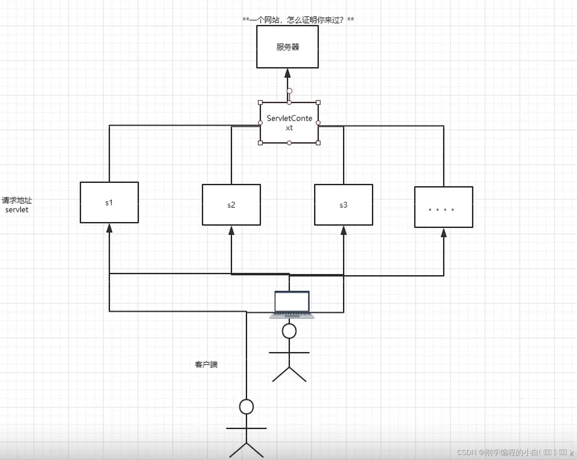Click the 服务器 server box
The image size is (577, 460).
click(287, 47)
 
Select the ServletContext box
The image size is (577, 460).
click(289, 123)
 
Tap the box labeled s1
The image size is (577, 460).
click(109, 202)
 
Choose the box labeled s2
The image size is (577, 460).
click(231, 205)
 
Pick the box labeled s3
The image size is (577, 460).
click(343, 205)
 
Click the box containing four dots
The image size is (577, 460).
click(444, 207)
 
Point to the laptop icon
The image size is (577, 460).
click(292, 304)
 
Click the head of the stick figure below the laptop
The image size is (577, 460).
click(289, 331)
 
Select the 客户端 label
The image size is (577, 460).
click(206, 364)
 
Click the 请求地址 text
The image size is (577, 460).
click(17, 200)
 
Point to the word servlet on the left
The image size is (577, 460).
click(17, 210)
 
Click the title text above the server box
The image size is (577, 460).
click(298, 20)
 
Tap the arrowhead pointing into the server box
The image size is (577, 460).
click(287, 74)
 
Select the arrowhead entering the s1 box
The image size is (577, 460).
click(109, 228)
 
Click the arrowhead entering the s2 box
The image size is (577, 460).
click(231, 231)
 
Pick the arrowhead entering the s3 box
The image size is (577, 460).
click(343, 231)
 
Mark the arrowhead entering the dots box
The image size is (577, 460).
click(444, 233)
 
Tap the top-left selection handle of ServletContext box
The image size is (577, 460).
click(260, 102)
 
